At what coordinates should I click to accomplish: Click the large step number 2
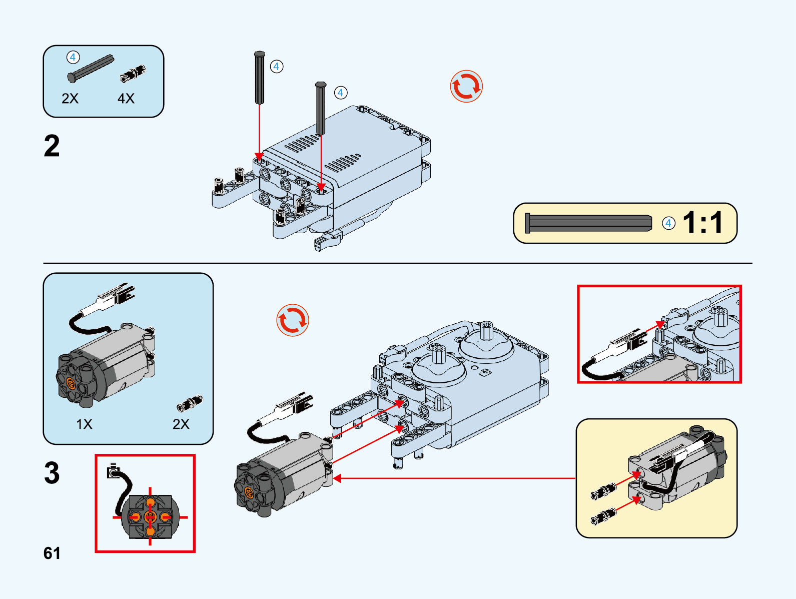pyautogui.click(x=52, y=146)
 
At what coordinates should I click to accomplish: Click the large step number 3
pyautogui.click(x=52, y=473)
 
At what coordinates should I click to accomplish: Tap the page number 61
pyautogui.click(x=52, y=553)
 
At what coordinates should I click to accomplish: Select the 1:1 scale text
pyautogui.click(x=703, y=223)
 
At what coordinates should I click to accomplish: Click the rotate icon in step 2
pyautogui.click(x=466, y=87)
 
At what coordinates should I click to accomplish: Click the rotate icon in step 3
pyautogui.click(x=293, y=320)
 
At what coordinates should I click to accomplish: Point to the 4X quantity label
pyautogui.click(x=126, y=99)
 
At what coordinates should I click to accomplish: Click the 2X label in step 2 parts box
pyautogui.click(x=70, y=99)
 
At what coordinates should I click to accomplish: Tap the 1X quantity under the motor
pyautogui.click(x=84, y=424)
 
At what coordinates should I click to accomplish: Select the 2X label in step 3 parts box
pyautogui.click(x=181, y=424)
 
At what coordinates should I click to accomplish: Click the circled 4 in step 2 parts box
pyautogui.click(x=73, y=58)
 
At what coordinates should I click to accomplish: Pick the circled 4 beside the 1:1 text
pyautogui.click(x=668, y=223)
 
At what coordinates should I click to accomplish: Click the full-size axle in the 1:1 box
pyautogui.click(x=588, y=223)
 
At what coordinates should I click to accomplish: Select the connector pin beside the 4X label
pyautogui.click(x=133, y=74)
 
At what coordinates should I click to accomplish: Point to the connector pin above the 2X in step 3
pyautogui.click(x=190, y=403)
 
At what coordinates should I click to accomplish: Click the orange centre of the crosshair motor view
pyautogui.click(x=150, y=517)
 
